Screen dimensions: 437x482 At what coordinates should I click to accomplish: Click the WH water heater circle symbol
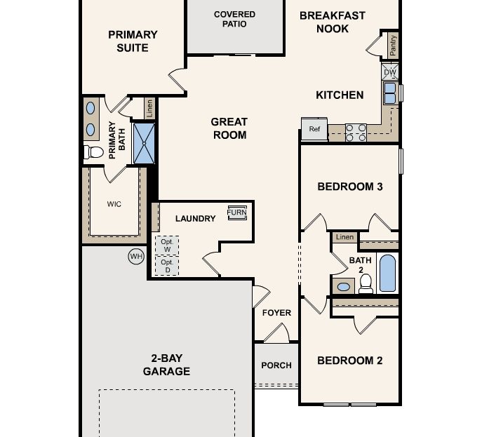(x=136, y=257)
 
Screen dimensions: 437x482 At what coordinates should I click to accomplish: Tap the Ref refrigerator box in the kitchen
(x=314, y=128)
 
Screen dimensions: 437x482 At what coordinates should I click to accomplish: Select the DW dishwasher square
(x=390, y=71)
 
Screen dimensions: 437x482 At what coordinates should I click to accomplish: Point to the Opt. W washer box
(x=167, y=246)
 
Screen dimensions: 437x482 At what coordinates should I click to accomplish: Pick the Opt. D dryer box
(x=167, y=266)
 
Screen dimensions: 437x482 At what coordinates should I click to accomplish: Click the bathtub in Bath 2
(x=387, y=274)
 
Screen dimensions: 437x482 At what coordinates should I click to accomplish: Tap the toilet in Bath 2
(x=365, y=283)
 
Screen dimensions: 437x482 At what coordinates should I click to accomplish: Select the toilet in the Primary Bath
(x=93, y=152)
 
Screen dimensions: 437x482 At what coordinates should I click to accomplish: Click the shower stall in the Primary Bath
(x=143, y=142)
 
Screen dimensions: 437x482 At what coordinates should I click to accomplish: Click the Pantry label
(x=393, y=46)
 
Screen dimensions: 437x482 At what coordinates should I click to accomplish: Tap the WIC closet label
(x=114, y=204)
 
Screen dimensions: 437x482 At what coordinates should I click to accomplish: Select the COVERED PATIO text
(x=234, y=19)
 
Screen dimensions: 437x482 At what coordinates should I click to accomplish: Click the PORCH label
(x=276, y=365)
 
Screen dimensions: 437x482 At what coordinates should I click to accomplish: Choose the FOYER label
(x=276, y=313)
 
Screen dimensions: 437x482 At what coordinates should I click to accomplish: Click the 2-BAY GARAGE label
(x=166, y=365)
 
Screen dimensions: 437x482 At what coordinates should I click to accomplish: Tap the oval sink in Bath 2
(x=343, y=286)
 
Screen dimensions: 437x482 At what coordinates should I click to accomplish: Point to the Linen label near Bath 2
(x=344, y=237)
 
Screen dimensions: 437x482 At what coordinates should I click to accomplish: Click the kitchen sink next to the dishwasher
(x=390, y=92)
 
